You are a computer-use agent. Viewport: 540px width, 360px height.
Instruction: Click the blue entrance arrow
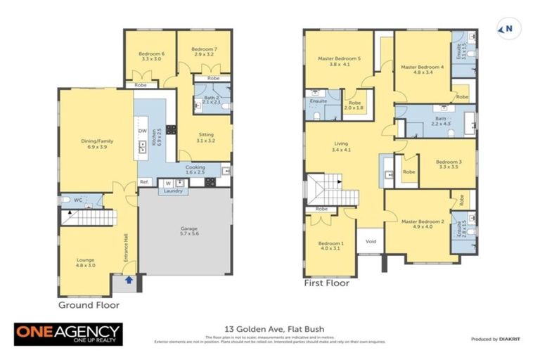(129, 280)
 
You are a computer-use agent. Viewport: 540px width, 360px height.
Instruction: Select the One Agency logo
(68, 334)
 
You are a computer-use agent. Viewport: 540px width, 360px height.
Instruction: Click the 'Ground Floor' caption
(89, 305)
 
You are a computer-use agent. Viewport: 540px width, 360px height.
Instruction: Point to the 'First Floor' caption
(326, 284)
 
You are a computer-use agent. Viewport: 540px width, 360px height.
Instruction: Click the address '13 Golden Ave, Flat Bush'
(270, 328)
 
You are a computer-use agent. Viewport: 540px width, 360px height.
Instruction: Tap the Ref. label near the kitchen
(143, 182)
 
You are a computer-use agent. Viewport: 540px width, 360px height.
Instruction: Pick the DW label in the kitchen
(142, 131)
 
